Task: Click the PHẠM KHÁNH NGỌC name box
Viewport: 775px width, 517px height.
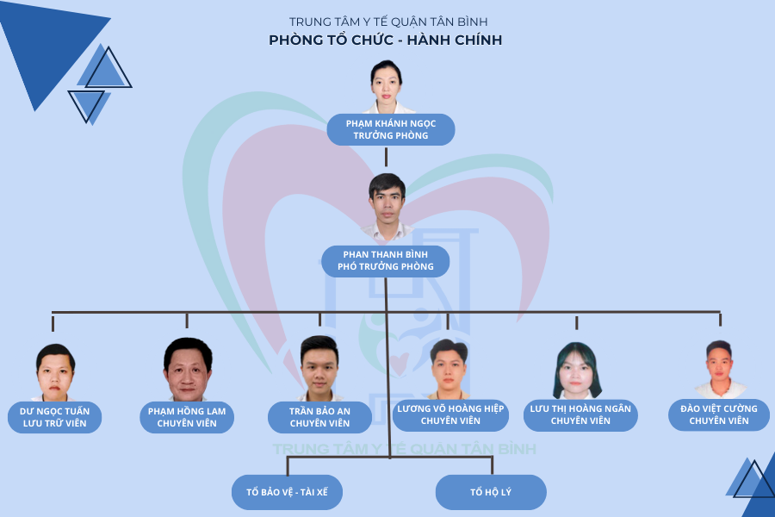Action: click(x=390, y=129)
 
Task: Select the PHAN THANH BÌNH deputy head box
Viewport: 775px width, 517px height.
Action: click(x=386, y=260)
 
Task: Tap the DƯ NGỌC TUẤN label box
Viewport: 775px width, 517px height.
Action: click(x=54, y=417)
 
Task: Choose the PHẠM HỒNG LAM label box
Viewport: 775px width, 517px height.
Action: click(x=186, y=417)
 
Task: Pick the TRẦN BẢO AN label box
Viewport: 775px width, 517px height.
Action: click(x=319, y=417)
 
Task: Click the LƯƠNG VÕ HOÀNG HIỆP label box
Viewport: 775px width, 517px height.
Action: click(x=450, y=414)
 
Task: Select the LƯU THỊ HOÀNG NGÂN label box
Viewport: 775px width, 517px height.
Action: click(x=580, y=414)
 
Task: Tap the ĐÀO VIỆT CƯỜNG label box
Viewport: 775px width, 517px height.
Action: click(x=719, y=414)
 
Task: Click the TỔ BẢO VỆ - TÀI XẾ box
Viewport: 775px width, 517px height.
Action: click(x=288, y=493)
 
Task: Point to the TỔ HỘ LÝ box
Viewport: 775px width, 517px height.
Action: click(x=491, y=493)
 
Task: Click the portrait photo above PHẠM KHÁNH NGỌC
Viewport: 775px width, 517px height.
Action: click(x=387, y=86)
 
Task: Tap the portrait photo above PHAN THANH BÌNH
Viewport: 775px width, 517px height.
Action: click(x=386, y=207)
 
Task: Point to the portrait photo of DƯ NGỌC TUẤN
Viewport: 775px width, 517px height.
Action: click(x=55, y=372)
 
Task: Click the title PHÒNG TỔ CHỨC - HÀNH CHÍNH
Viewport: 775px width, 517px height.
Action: click(x=385, y=40)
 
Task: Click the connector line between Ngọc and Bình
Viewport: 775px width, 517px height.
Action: click(x=386, y=156)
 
